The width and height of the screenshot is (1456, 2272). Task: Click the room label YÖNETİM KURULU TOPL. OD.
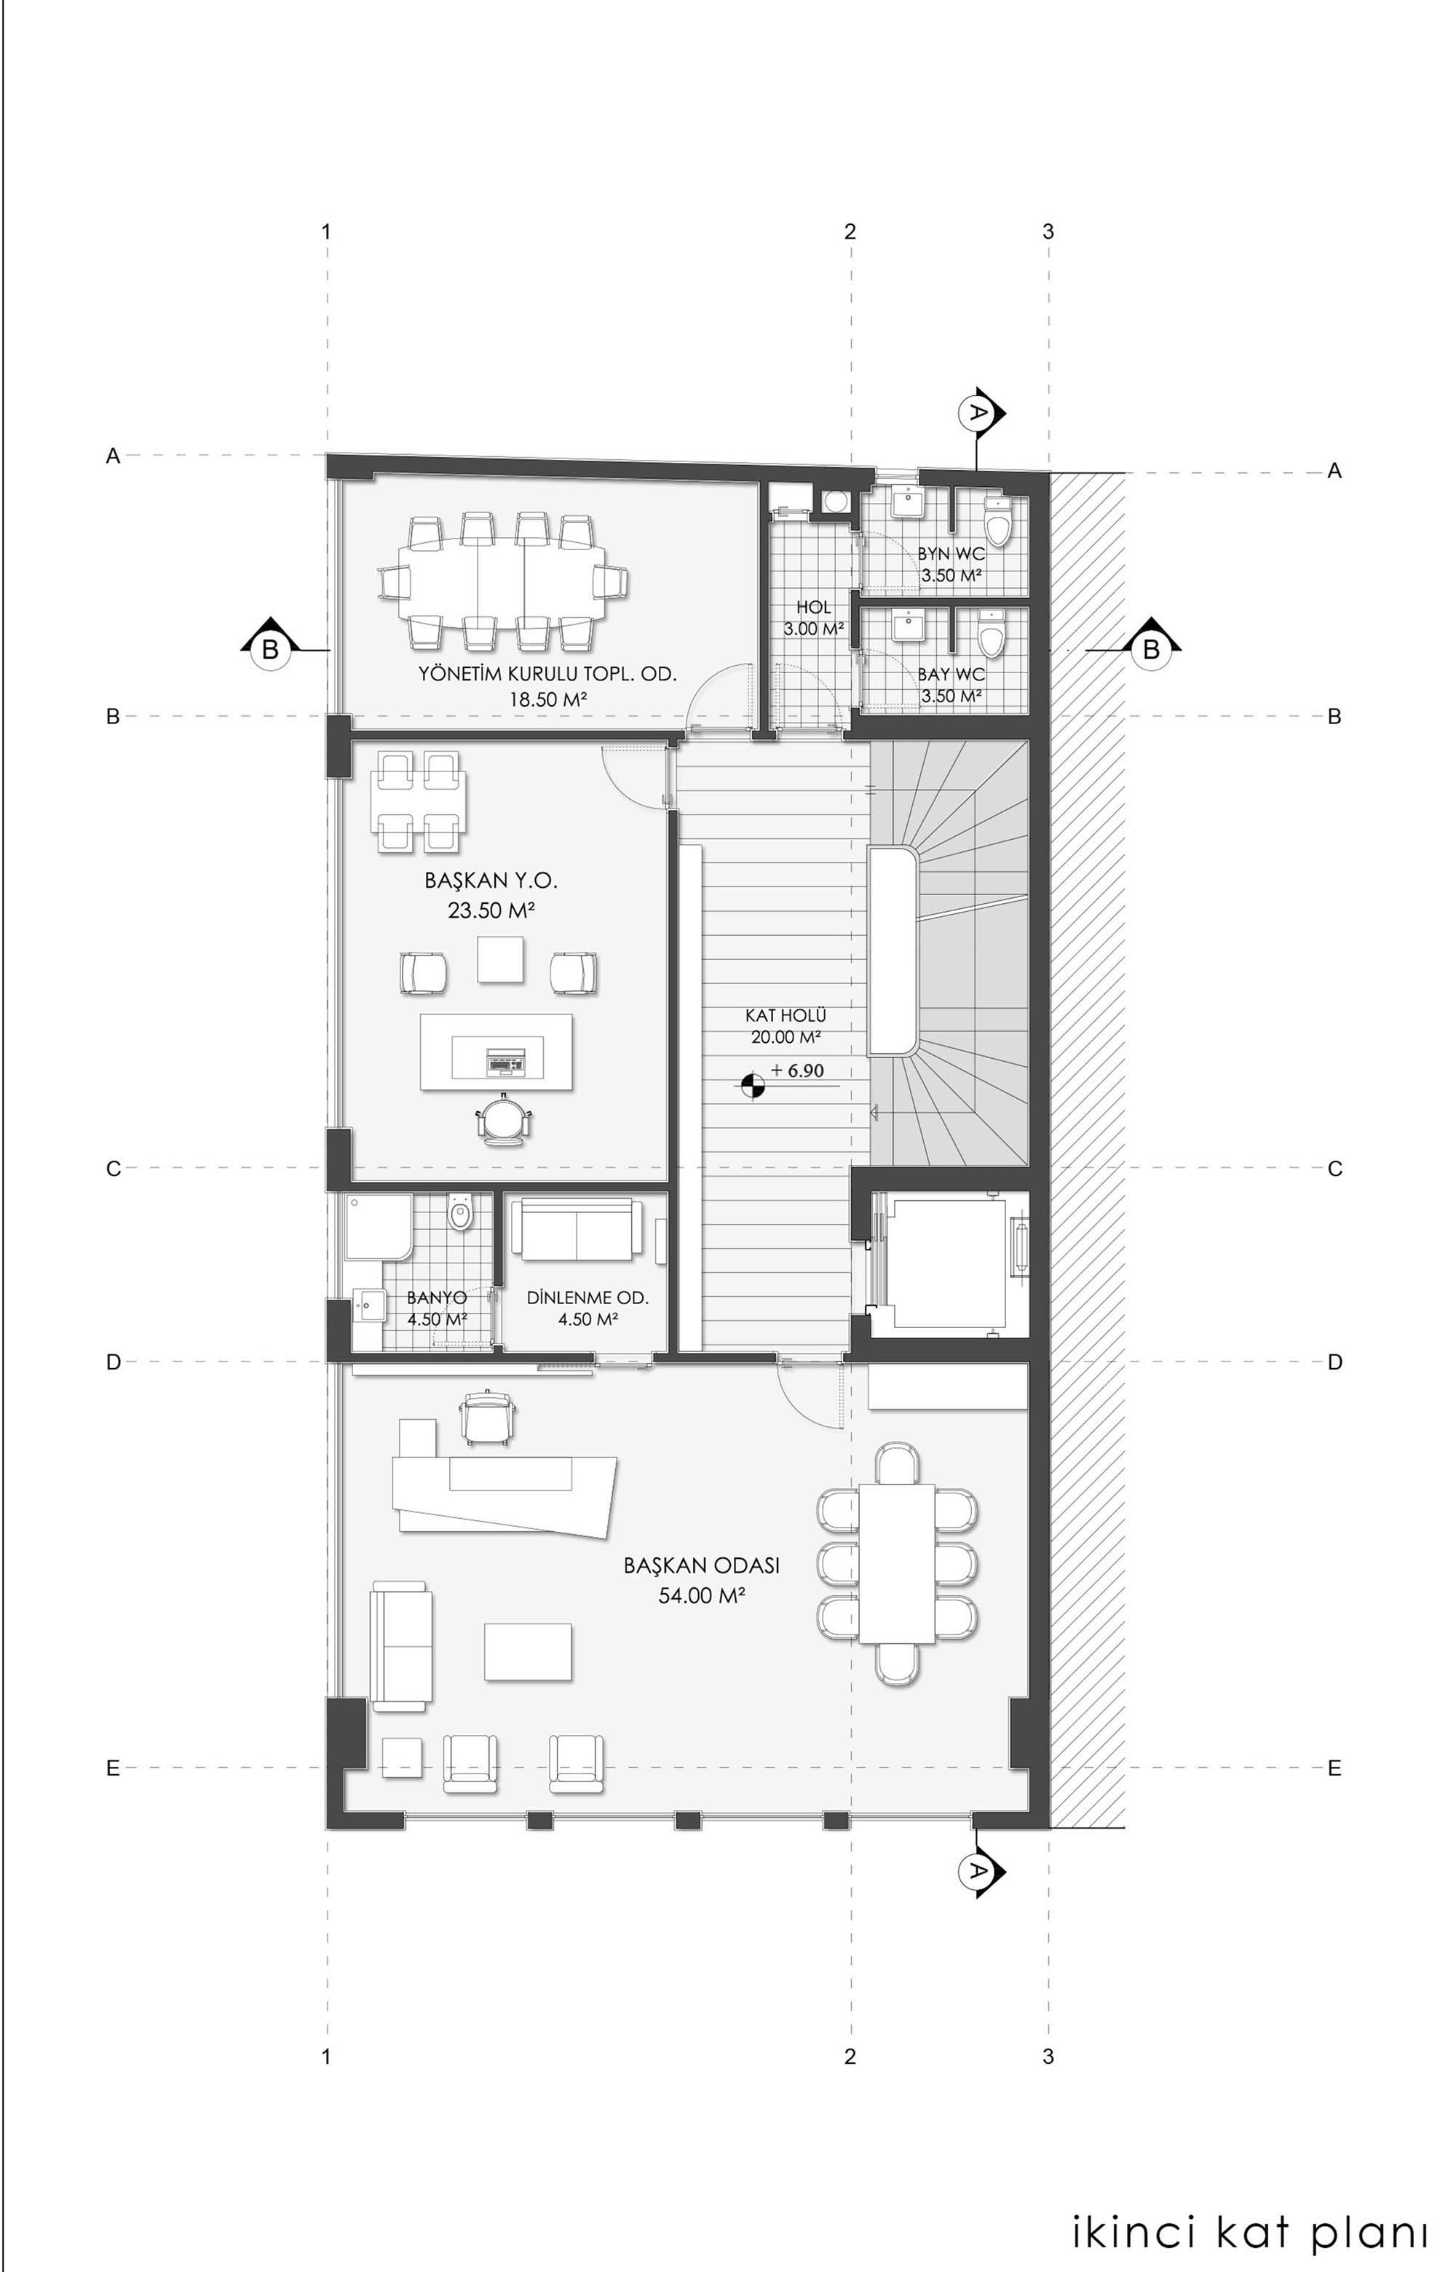coord(548,675)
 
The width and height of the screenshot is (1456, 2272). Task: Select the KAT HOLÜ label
coord(786,1016)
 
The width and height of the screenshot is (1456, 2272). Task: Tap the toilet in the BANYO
coord(460,1212)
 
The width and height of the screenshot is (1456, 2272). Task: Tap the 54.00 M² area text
coord(702,1596)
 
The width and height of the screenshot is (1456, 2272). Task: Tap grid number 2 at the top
coord(850,231)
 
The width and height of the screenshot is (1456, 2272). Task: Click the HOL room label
coord(813,608)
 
